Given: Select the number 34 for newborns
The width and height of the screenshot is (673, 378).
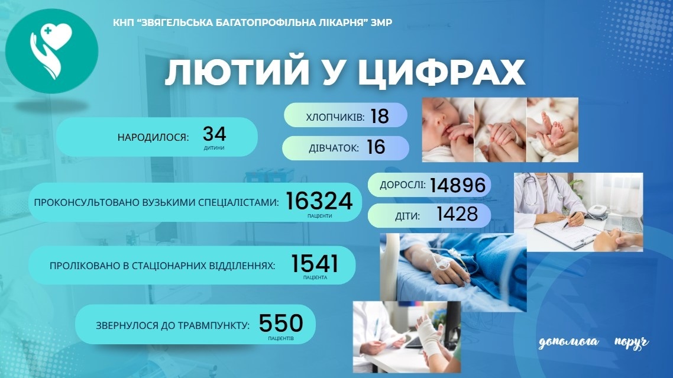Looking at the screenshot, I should (214, 134).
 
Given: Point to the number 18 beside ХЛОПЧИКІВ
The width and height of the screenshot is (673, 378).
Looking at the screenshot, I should (380, 116).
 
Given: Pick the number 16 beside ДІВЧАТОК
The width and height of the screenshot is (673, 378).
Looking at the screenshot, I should (376, 147).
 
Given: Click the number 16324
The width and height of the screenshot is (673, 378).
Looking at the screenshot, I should (319, 202).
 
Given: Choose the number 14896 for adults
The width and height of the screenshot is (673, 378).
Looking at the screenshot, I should (458, 185).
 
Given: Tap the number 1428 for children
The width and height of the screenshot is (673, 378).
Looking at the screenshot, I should (457, 215).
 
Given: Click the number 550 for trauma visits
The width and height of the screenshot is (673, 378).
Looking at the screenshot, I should (281, 323).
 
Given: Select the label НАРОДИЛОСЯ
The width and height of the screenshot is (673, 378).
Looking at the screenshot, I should (153, 138).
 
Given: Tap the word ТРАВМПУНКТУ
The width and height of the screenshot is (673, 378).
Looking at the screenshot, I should (216, 325).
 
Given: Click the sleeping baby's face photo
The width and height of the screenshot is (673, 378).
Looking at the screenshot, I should (447, 129).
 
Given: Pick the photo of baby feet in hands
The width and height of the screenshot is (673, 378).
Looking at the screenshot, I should (552, 129).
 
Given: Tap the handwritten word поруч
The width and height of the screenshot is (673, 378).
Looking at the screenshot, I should (631, 343).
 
